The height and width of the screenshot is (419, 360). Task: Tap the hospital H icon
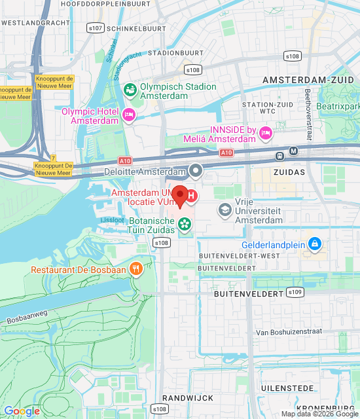click(x=191, y=195)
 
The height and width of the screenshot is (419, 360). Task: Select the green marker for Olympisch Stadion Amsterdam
click(x=130, y=88)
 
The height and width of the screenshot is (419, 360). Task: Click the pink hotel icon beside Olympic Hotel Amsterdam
click(x=129, y=116)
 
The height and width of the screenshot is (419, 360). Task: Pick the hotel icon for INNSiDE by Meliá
click(x=266, y=134)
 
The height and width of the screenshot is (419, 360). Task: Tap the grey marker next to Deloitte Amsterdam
click(x=196, y=172)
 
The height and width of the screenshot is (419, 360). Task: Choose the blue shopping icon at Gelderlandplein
click(x=315, y=244)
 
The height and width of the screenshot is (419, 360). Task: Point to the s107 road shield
click(x=96, y=28)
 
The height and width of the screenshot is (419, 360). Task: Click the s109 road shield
click(x=295, y=292)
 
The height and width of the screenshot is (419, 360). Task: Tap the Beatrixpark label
click(x=338, y=105)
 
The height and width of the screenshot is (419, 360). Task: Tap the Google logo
click(x=22, y=410)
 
